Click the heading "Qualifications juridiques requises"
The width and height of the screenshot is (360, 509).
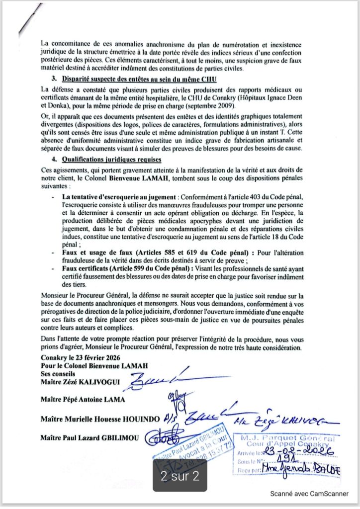click(111, 160)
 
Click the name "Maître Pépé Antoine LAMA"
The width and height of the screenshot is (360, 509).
click(84, 400)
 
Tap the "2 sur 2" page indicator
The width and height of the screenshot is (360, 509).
click(180, 476)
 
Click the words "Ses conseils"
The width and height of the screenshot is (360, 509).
click(57, 374)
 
